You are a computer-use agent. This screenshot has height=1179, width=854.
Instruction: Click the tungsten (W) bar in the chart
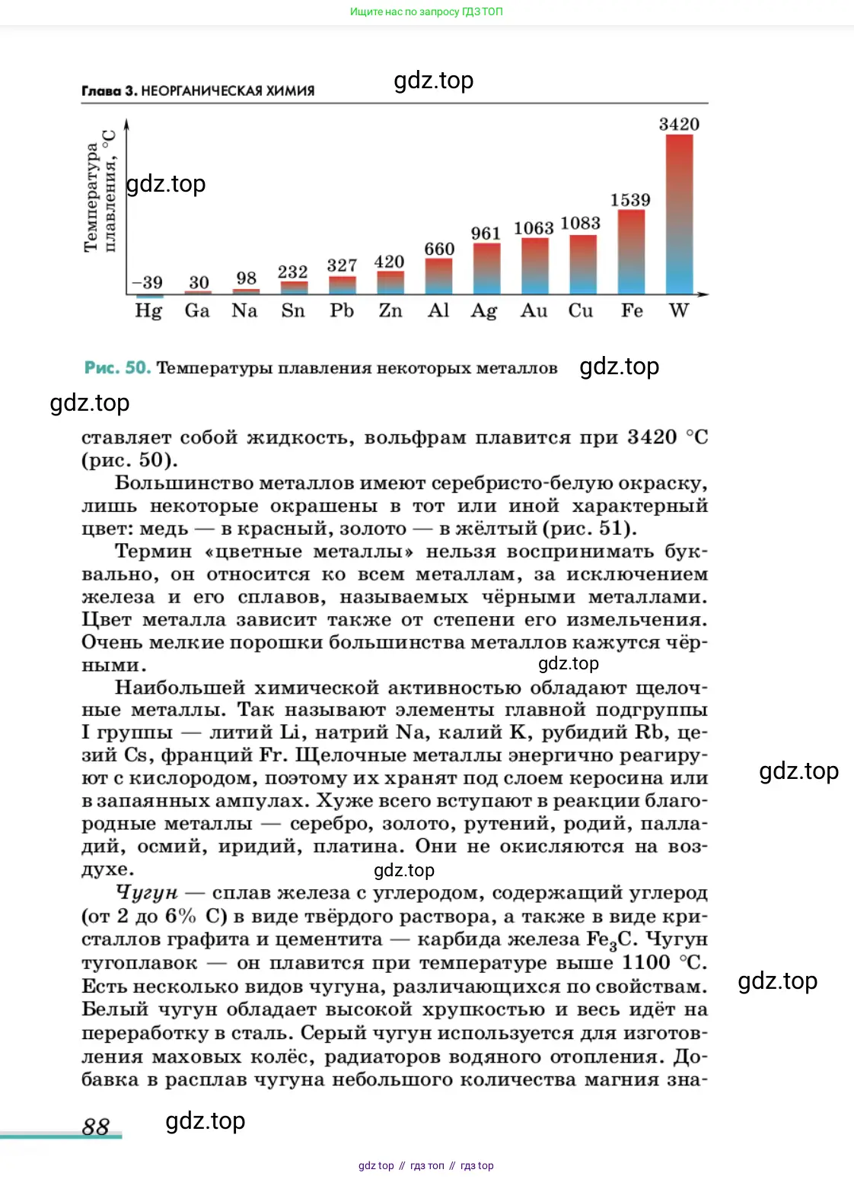[679, 215]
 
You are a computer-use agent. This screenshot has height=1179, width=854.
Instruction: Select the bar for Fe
[631, 252]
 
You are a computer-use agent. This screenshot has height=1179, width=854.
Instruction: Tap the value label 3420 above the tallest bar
[679, 124]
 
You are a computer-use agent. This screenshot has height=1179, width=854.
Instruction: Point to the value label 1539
[630, 200]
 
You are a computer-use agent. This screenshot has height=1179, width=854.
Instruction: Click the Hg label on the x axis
[148, 311]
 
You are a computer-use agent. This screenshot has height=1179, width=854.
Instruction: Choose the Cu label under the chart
[581, 311]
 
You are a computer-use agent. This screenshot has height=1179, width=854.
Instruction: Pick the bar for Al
[438, 276]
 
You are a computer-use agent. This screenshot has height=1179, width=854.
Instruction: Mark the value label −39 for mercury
[148, 282]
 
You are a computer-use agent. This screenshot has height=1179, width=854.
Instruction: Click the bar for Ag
[486, 269]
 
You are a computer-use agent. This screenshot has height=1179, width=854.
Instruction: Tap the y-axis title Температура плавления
[100, 190]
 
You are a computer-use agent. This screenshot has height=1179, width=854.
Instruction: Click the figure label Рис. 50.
[117, 368]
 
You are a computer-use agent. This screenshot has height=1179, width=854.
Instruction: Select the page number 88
[96, 1127]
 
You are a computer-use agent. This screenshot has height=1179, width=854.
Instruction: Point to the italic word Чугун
[147, 892]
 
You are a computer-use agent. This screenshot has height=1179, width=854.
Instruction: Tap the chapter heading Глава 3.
[109, 91]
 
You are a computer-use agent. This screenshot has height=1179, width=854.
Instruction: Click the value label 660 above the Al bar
[439, 249]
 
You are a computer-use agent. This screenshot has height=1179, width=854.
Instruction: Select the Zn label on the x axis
[390, 311]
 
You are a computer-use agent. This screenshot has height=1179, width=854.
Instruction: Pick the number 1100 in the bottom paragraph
[646, 963]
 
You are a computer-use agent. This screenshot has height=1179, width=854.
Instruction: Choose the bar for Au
[534, 266]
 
